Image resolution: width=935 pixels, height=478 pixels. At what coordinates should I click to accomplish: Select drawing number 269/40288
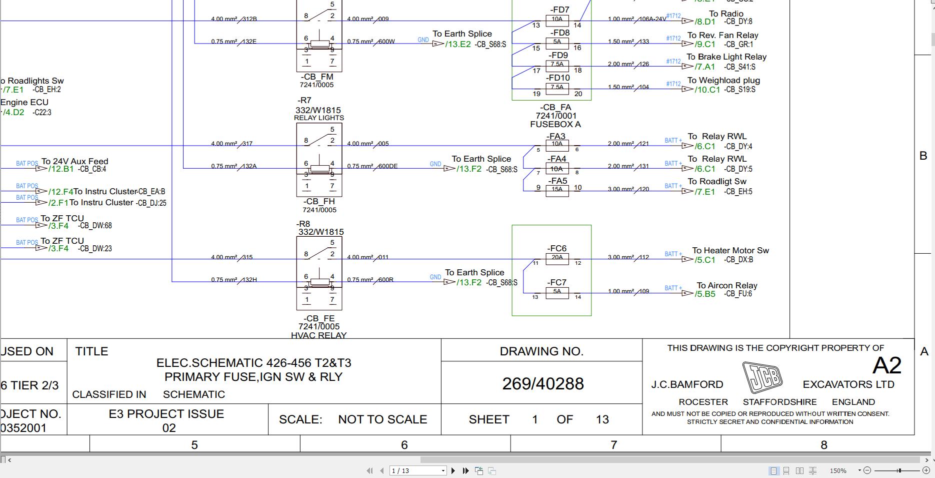[542, 383]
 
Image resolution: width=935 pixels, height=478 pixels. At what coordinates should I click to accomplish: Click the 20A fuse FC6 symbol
[557, 258]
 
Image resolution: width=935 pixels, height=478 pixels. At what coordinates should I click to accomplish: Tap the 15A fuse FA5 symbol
[557, 190]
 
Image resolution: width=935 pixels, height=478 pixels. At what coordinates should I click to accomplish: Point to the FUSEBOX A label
[555, 124]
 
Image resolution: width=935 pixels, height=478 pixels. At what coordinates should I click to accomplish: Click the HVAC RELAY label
[318, 335]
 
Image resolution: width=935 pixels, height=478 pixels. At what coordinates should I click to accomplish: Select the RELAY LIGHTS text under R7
[319, 118]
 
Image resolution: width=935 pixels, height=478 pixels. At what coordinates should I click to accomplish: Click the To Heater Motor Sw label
[730, 250]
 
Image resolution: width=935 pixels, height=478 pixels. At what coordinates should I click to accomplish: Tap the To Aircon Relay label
[726, 285]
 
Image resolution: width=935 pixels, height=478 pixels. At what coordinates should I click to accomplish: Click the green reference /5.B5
[705, 294]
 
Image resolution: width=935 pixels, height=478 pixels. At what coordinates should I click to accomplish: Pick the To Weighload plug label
[723, 80]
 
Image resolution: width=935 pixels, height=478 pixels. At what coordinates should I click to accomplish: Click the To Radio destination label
[726, 14]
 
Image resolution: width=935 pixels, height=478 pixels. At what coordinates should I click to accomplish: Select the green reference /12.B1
[61, 169]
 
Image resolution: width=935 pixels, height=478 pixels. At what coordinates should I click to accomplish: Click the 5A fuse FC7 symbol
[557, 292]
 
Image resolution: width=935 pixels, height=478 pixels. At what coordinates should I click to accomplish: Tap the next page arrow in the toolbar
[453, 470]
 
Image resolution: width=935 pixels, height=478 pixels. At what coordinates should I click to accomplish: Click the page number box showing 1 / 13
[417, 470]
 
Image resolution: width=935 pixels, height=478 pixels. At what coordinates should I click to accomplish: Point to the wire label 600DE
[387, 166]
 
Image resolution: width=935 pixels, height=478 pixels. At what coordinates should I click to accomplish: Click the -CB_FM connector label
[317, 77]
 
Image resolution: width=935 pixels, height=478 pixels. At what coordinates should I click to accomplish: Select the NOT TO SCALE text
[382, 419]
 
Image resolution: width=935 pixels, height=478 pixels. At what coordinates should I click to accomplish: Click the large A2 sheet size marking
[886, 365]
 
